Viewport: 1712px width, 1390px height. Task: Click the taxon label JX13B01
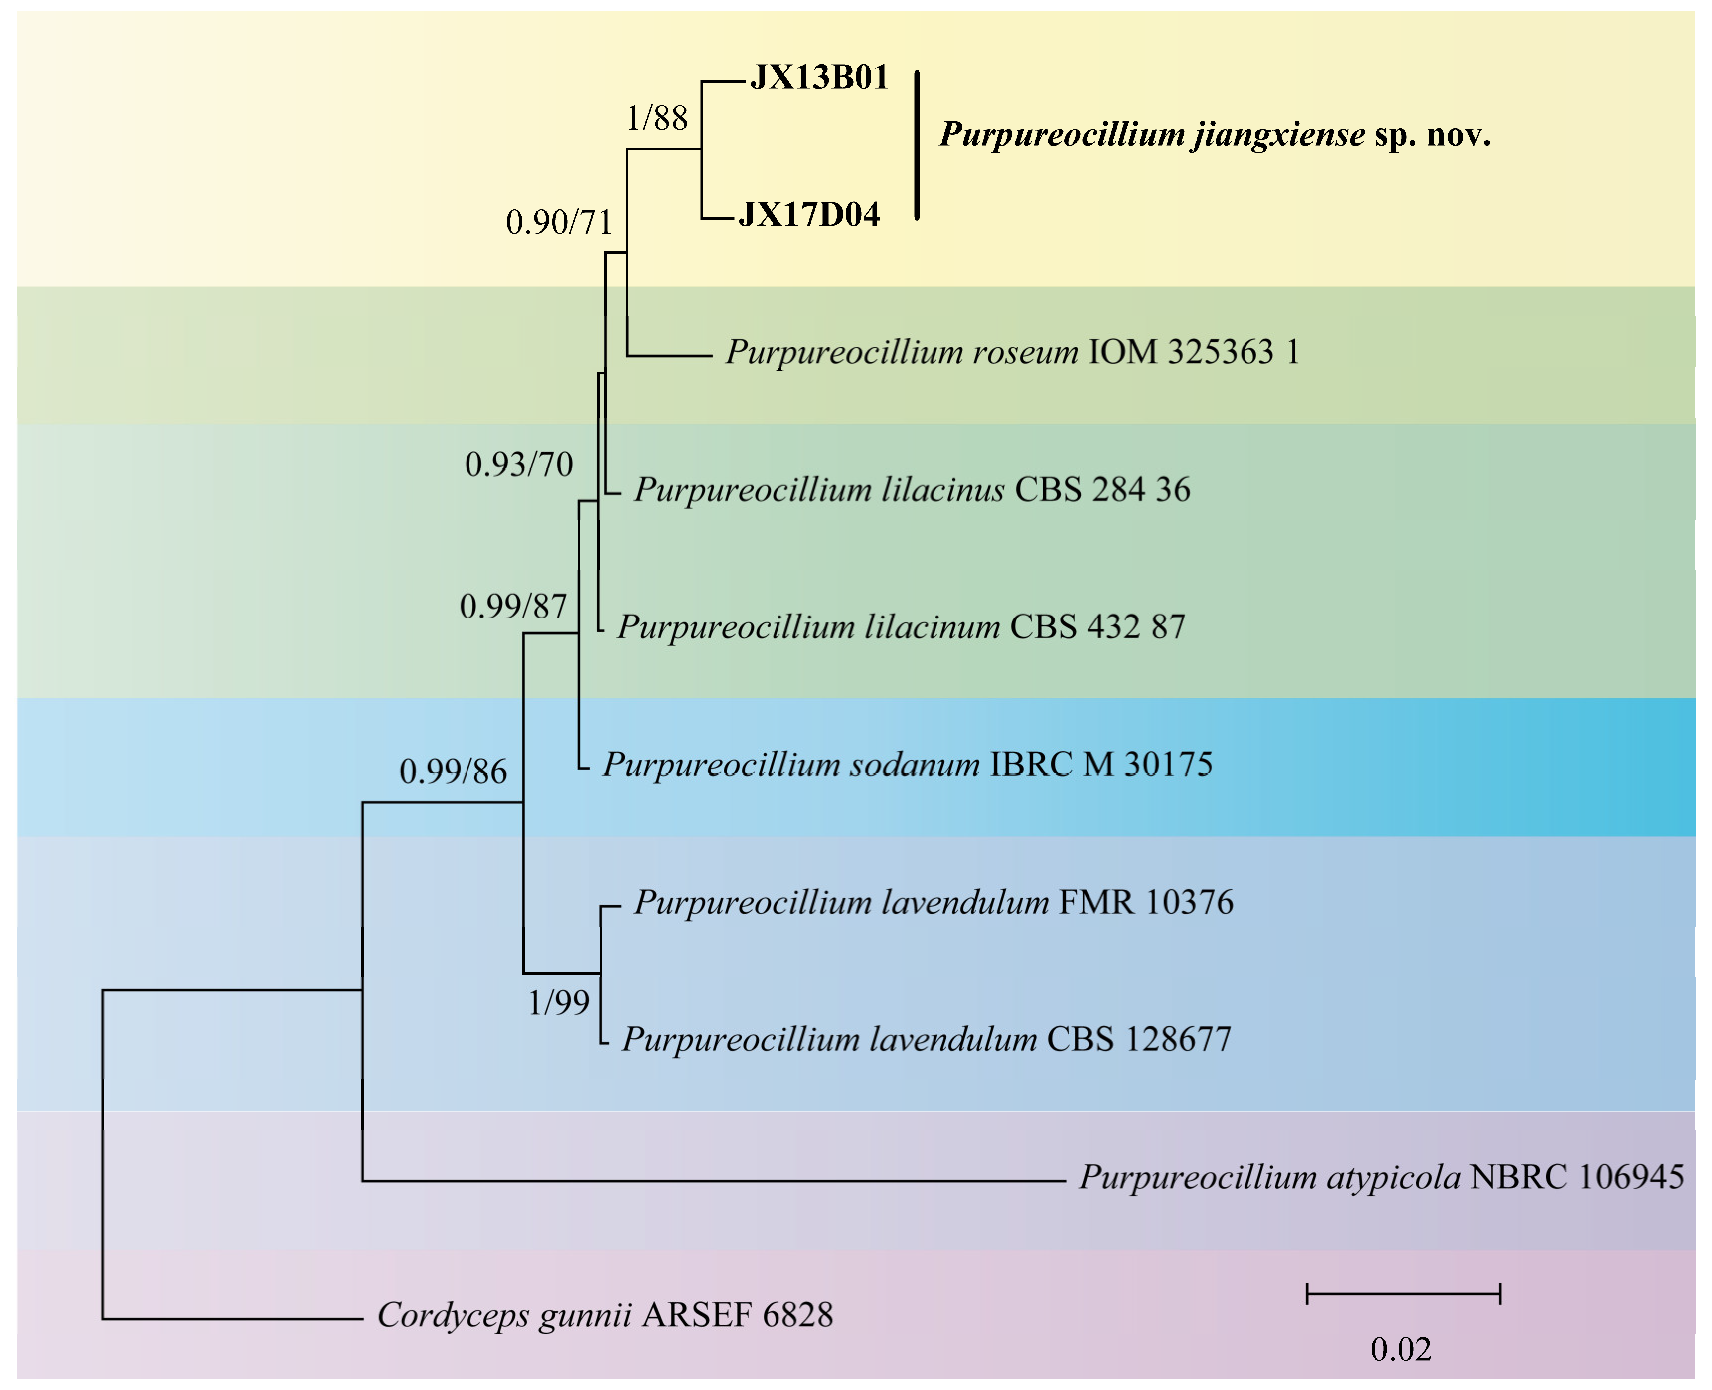(819, 78)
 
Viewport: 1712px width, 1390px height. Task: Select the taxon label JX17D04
(809, 215)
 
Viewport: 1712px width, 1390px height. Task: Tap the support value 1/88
(656, 119)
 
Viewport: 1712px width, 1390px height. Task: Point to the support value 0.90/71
(559, 222)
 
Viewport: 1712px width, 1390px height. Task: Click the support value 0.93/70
(519, 464)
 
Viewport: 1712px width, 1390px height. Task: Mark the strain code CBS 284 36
(1102, 489)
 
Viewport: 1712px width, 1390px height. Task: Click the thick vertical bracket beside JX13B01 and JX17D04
(918, 146)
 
